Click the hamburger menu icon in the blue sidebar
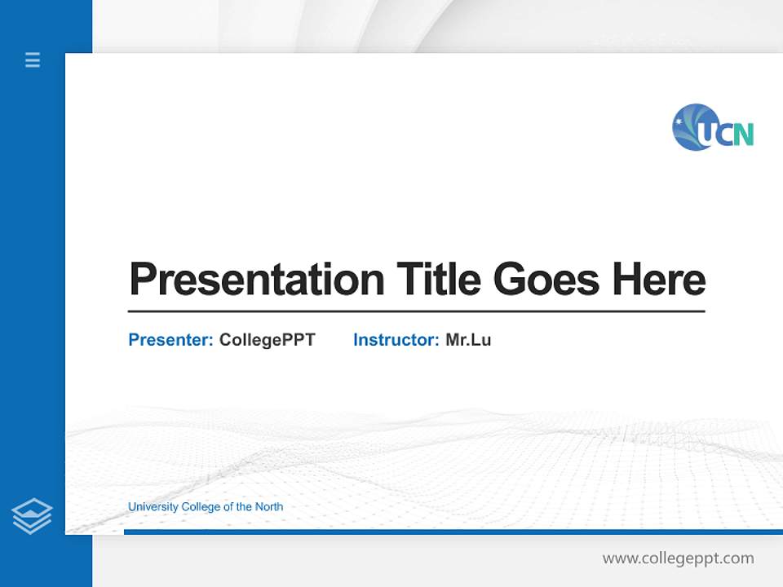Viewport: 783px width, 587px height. pos(33,60)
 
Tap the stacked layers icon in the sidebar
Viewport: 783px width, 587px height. pos(32,516)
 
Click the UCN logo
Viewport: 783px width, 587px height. pos(713,128)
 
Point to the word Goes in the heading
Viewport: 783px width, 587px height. pos(547,280)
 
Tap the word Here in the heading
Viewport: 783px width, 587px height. pos(659,280)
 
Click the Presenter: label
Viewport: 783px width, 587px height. pos(170,340)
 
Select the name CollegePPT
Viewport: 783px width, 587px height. pos(267,340)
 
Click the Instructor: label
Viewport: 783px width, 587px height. pos(396,340)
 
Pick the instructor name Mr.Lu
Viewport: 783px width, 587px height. pos(468,340)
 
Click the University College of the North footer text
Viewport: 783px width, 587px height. pos(206,507)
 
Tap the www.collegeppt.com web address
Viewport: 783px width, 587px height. pos(678,558)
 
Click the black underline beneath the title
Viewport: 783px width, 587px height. pos(416,311)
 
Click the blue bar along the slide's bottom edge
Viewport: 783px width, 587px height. pos(453,532)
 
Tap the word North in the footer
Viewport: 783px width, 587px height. pos(269,507)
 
